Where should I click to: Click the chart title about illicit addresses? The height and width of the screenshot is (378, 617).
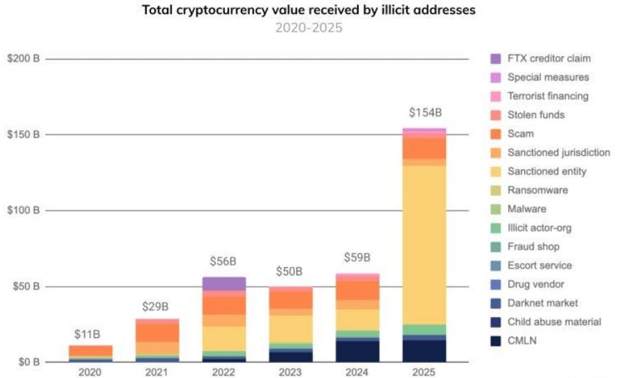(x=308, y=10)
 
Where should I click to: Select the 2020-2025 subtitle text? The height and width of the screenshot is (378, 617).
(x=308, y=28)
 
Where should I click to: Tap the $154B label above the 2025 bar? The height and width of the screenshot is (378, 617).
(x=424, y=113)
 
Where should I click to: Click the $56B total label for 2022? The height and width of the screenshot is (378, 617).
(x=223, y=262)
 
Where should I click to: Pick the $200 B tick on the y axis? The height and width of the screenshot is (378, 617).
(x=24, y=59)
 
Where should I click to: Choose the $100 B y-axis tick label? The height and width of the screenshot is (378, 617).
(x=24, y=210)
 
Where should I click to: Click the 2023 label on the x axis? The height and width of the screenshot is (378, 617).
(x=290, y=373)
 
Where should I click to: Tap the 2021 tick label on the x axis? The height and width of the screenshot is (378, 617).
(x=157, y=373)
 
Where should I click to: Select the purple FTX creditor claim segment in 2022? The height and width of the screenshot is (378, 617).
(x=224, y=284)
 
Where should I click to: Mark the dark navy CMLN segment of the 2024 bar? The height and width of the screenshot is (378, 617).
(x=357, y=351)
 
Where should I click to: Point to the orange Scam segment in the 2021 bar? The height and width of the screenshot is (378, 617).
(x=157, y=332)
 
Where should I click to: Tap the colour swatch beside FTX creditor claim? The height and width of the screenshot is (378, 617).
(x=496, y=59)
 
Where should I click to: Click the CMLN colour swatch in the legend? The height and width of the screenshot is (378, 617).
(x=496, y=340)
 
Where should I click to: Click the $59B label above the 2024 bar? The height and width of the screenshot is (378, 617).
(x=357, y=258)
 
